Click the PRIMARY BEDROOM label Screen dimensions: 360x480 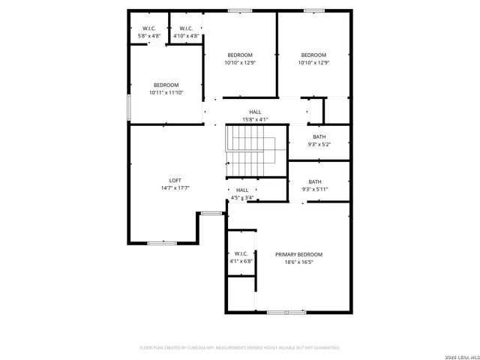(298, 255)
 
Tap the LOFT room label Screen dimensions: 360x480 (175, 180)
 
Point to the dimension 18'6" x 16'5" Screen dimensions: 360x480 (298, 262)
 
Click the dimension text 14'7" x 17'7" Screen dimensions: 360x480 (175, 187)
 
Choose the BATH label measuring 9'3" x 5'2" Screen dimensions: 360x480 (319, 136)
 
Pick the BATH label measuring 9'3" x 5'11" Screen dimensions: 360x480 (315, 181)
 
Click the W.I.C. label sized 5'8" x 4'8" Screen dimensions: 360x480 (148, 28)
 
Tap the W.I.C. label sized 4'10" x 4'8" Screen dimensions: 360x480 (186, 28)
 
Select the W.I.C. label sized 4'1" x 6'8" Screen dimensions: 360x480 (241, 253)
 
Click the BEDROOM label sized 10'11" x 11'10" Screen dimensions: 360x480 (166, 85)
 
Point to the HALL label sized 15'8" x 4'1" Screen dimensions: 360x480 (255, 112)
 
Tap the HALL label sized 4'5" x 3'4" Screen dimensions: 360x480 (242, 190)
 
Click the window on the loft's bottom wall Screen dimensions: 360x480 (161, 242)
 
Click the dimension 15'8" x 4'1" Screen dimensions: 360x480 (255, 119)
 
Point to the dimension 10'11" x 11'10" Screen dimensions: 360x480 (166, 92)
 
